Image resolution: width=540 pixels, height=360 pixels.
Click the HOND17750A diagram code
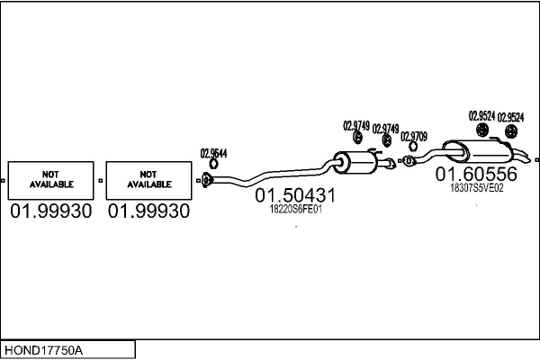point(43,350)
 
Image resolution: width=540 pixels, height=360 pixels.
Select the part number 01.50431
point(295,195)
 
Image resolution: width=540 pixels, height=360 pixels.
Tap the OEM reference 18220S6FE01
point(295,210)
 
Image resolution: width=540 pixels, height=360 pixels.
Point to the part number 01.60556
point(476,174)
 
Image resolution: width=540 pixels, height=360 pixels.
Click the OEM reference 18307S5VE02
point(477,188)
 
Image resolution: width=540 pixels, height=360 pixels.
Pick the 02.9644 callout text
point(213,153)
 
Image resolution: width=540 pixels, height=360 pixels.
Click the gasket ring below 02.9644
point(213,164)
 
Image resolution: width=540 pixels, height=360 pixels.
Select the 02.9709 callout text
point(414,137)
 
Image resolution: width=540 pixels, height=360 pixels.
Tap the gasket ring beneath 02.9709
point(413,147)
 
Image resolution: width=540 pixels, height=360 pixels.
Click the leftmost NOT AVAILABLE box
point(50,180)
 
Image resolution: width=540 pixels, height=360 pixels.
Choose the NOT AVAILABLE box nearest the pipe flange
point(148,180)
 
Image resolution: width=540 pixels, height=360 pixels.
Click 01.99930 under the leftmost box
point(51,211)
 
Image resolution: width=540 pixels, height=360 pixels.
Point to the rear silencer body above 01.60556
point(477,151)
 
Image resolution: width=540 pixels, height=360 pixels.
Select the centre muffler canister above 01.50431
point(355,162)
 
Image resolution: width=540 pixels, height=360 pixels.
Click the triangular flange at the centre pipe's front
point(206,180)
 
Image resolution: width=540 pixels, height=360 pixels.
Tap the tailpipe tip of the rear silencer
point(526,157)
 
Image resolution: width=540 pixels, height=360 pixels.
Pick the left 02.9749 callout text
point(356,126)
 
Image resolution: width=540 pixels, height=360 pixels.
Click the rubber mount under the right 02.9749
point(387,140)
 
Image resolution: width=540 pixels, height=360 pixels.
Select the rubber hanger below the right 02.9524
point(511,131)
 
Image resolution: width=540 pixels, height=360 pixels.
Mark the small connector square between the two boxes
point(100,181)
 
